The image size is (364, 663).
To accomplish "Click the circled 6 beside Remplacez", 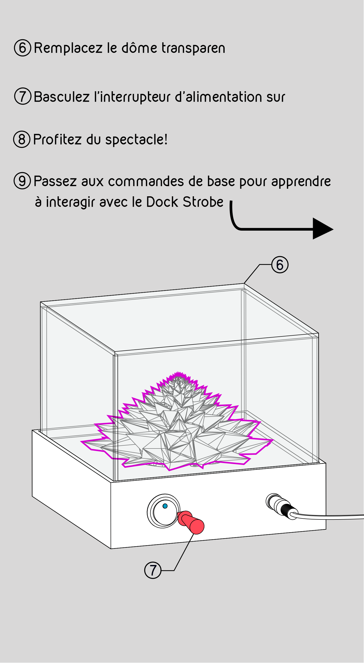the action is click(23, 48).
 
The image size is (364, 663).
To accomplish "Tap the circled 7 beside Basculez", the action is click(23, 96).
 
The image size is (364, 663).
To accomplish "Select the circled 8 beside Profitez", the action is click(22, 139).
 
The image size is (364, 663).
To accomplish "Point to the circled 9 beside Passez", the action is click(22, 181).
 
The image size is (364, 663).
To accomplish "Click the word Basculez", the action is click(62, 96).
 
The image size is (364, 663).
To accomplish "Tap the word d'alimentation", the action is click(219, 96).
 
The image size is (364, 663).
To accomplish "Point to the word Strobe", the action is click(203, 202).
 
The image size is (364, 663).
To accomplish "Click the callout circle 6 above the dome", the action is click(280, 265).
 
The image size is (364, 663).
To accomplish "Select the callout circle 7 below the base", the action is click(153, 570).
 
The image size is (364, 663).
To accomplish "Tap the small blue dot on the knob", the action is click(165, 506).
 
